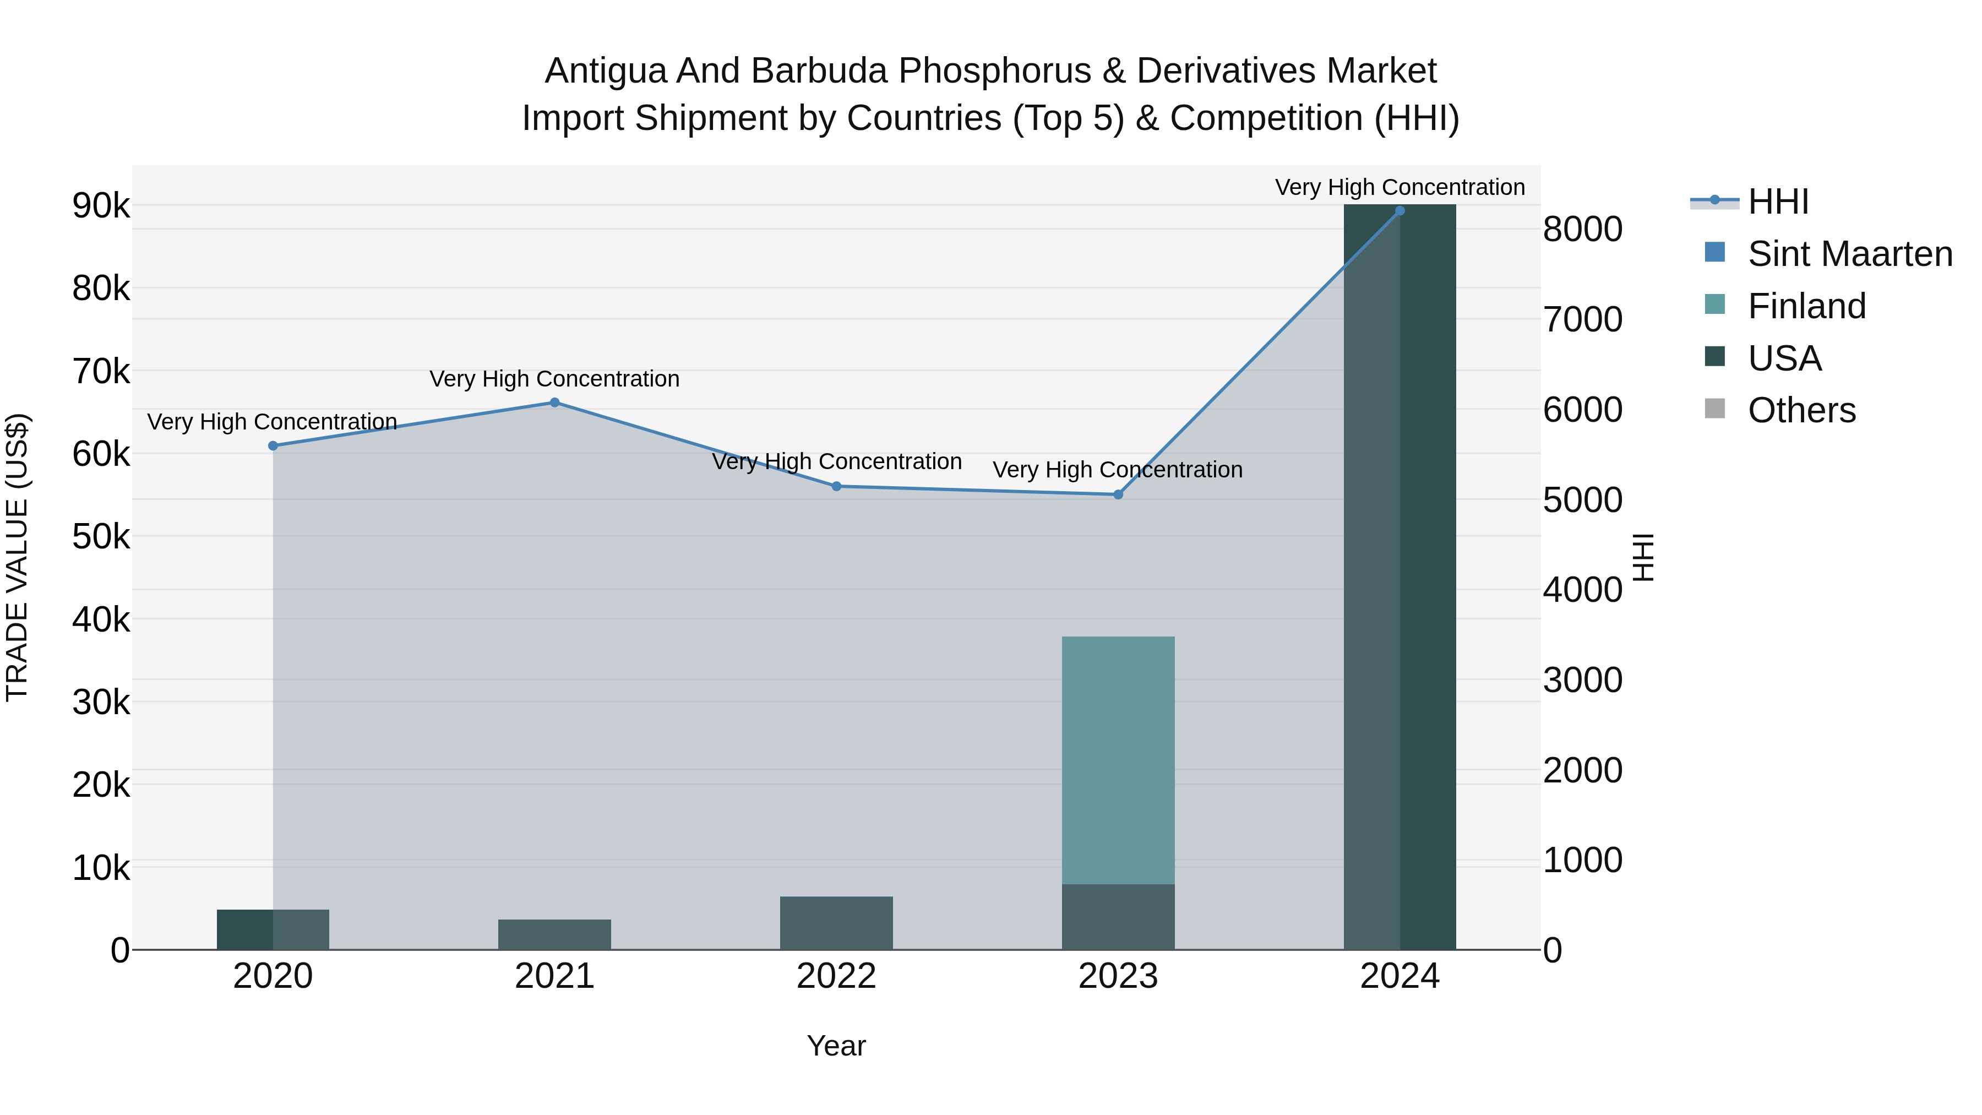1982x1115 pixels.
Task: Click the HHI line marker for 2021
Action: [555, 403]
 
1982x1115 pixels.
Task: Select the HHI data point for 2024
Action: [1400, 211]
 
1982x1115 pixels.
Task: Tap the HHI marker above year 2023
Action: [1118, 495]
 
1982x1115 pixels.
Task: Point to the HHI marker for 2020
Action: [273, 445]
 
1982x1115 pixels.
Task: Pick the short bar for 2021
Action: [555, 934]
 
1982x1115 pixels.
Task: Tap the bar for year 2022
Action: [836, 923]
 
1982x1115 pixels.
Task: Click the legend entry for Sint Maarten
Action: [1850, 254]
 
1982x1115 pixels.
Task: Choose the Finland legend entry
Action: [1806, 306]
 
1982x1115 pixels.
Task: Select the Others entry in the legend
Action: [1801, 410]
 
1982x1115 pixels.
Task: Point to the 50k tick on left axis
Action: [101, 537]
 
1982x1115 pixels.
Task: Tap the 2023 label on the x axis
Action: [1118, 976]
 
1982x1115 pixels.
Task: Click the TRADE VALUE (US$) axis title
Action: [17, 557]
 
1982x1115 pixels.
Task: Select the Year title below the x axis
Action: [836, 1046]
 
